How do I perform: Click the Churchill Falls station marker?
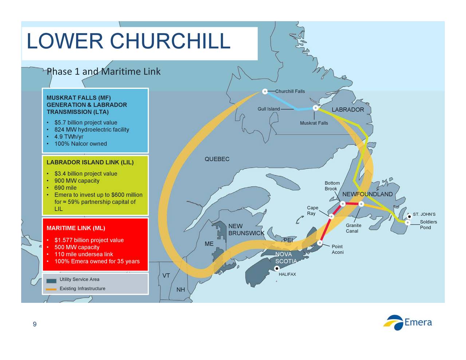point(265,92)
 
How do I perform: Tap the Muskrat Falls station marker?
point(315,108)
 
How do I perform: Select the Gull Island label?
point(268,109)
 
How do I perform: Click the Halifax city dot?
point(277,268)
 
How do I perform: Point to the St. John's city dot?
point(409,217)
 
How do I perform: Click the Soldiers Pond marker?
point(407,222)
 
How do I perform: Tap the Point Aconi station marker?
point(320,243)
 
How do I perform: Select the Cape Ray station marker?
point(331,216)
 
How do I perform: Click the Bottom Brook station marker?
point(343,203)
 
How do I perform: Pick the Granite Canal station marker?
point(361,204)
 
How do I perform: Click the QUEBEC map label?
point(217,159)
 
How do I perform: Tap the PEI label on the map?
point(288,240)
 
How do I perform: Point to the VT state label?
point(166,276)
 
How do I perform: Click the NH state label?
point(181,290)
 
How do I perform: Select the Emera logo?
point(407,323)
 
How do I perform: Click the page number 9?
point(35,324)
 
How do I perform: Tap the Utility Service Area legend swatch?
point(51,281)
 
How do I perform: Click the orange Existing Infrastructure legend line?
point(51,289)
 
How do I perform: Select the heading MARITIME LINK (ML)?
point(76,228)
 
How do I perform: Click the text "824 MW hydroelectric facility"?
point(92,130)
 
